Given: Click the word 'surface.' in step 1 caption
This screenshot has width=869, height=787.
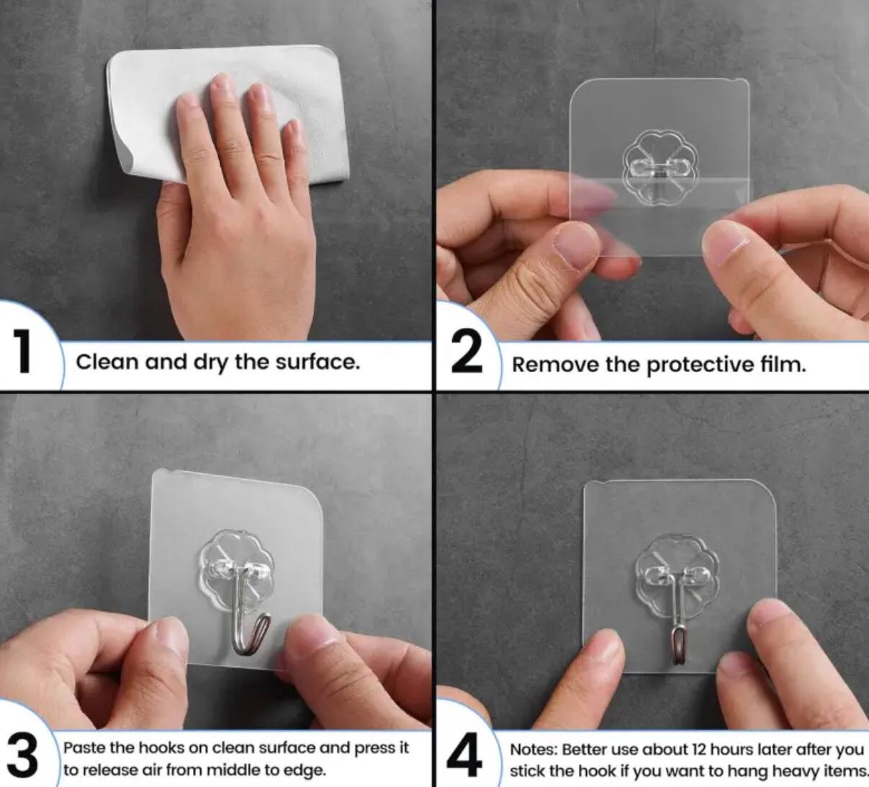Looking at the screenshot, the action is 318,363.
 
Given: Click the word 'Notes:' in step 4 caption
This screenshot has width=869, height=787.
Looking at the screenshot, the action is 533,750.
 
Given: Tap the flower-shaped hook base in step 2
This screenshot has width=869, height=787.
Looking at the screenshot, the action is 659,167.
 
